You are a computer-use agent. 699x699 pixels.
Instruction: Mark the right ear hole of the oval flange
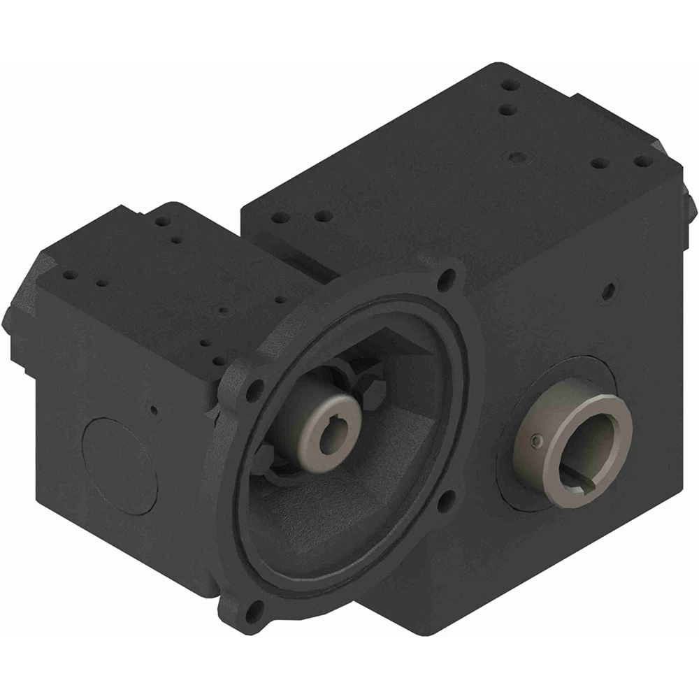442,500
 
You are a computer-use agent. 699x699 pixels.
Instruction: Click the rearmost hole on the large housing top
512,86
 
